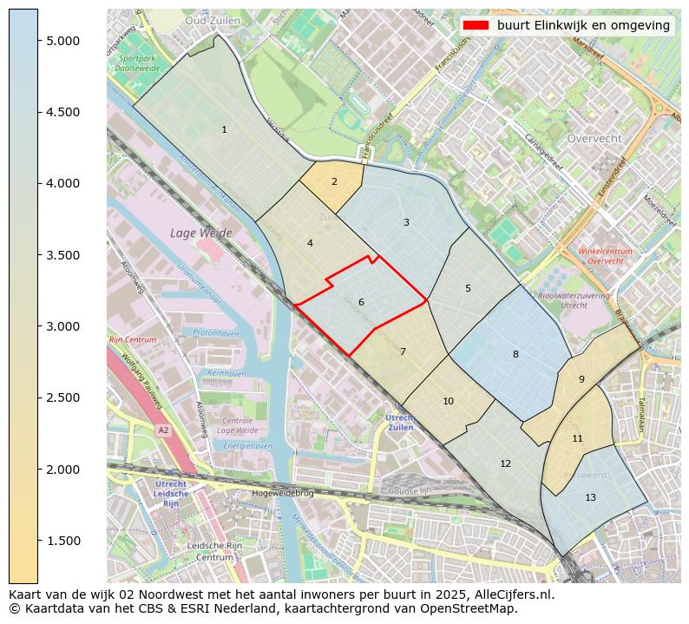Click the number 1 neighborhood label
[224, 130]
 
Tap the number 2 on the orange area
[334, 182]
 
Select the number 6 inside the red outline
[361, 302]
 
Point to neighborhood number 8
[515, 354]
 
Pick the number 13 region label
[590, 497]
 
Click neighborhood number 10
[448, 401]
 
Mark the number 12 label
[505, 463]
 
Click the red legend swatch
[476, 25]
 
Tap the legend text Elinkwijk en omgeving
[583, 25]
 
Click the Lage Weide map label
[201, 233]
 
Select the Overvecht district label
[594, 139]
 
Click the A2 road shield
[162, 430]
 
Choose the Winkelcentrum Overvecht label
[605, 256]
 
